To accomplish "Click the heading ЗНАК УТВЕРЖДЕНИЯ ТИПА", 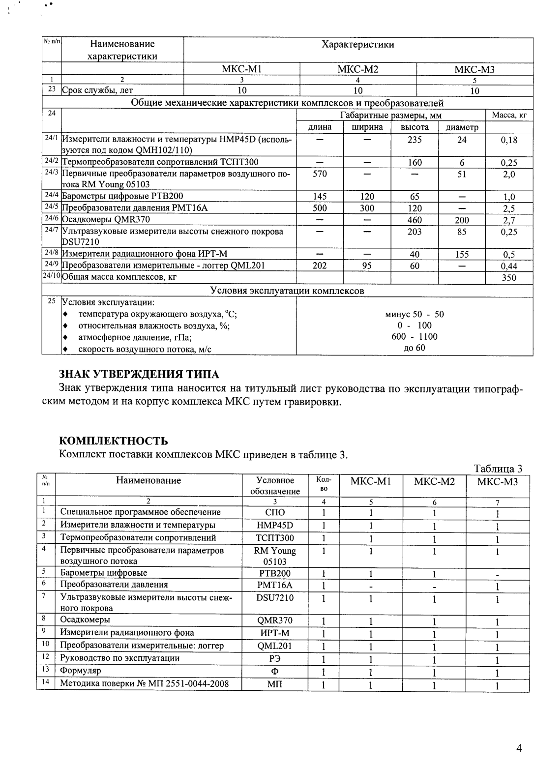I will click(x=139, y=375).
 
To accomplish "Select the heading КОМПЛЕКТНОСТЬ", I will click(x=113, y=440).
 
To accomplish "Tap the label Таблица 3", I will click(x=498, y=469).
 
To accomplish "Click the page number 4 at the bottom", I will click(x=519, y=749).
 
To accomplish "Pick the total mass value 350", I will click(x=509, y=278).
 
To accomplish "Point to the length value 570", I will click(x=320, y=174).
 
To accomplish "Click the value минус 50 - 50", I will click(x=414, y=314).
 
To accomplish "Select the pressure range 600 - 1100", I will click(x=414, y=337).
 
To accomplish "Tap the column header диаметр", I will click(x=462, y=127).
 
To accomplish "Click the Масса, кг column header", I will click(x=509, y=116).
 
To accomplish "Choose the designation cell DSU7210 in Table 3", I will click(x=275, y=598).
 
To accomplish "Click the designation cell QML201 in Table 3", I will click(x=275, y=646).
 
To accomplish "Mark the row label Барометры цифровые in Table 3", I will click(x=104, y=573).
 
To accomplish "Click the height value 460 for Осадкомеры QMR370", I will click(x=415, y=220).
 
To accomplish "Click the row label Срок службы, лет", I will click(x=97, y=90).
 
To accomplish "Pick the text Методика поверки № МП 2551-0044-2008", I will click(x=144, y=683).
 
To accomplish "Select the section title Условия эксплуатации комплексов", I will click(x=287, y=291).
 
